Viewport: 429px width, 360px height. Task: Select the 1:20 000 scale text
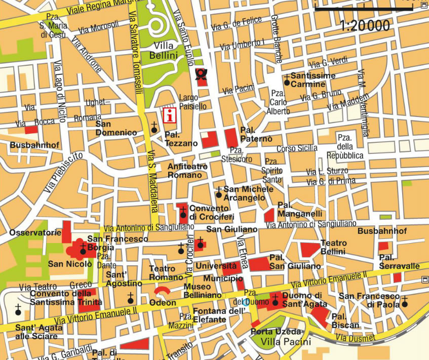pyautogui.click(x=365, y=25)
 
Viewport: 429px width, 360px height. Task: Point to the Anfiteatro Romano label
pyautogui.click(x=185, y=171)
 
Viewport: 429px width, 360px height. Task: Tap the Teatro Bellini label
pyautogui.click(x=333, y=248)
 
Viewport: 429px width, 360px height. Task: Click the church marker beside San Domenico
pyautogui.click(x=154, y=129)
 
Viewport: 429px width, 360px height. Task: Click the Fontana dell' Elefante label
pyautogui.click(x=210, y=316)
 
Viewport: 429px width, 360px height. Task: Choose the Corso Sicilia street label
pyautogui.click(x=297, y=149)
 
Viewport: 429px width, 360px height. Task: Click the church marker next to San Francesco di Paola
pyautogui.click(x=405, y=304)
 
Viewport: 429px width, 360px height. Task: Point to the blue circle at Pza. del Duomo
pyautogui.click(x=246, y=302)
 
